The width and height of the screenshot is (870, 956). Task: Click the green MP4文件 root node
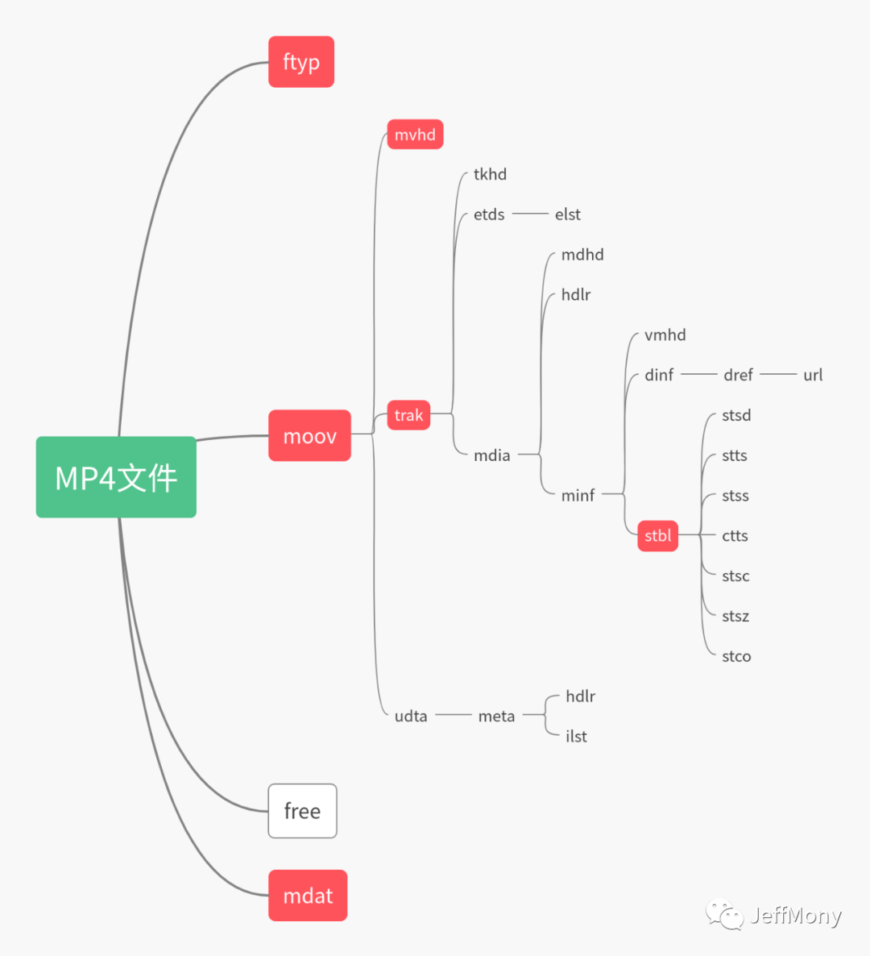click(116, 477)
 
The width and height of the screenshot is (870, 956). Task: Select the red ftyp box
click(301, 62)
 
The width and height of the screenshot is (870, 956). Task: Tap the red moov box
click(309, 436)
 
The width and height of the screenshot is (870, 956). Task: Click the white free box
click(302, 811)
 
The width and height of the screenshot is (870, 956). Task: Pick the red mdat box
click(308, 896)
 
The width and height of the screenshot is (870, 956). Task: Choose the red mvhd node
click(415, 135)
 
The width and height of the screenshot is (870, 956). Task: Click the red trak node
click(408, 415)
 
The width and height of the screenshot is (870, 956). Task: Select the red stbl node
click(657, 536)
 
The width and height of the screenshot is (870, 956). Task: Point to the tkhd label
click(490, 174)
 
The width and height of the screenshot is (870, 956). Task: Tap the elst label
click(567, 214)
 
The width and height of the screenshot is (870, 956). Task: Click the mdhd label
click(582, 255)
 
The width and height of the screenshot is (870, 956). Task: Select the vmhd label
click(665, 335)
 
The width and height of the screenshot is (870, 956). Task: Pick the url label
click(813, 375)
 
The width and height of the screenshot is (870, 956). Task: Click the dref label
click(738, 375)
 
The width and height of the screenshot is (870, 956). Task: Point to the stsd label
click(736, 415)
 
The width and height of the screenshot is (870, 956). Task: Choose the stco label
click(736, 656)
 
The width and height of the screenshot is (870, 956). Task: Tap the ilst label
click(576, 737)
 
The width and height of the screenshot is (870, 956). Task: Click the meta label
click(496, 716)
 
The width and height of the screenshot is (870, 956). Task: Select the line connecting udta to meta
click(453, 715)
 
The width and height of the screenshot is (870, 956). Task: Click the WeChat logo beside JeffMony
click(724, 914)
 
